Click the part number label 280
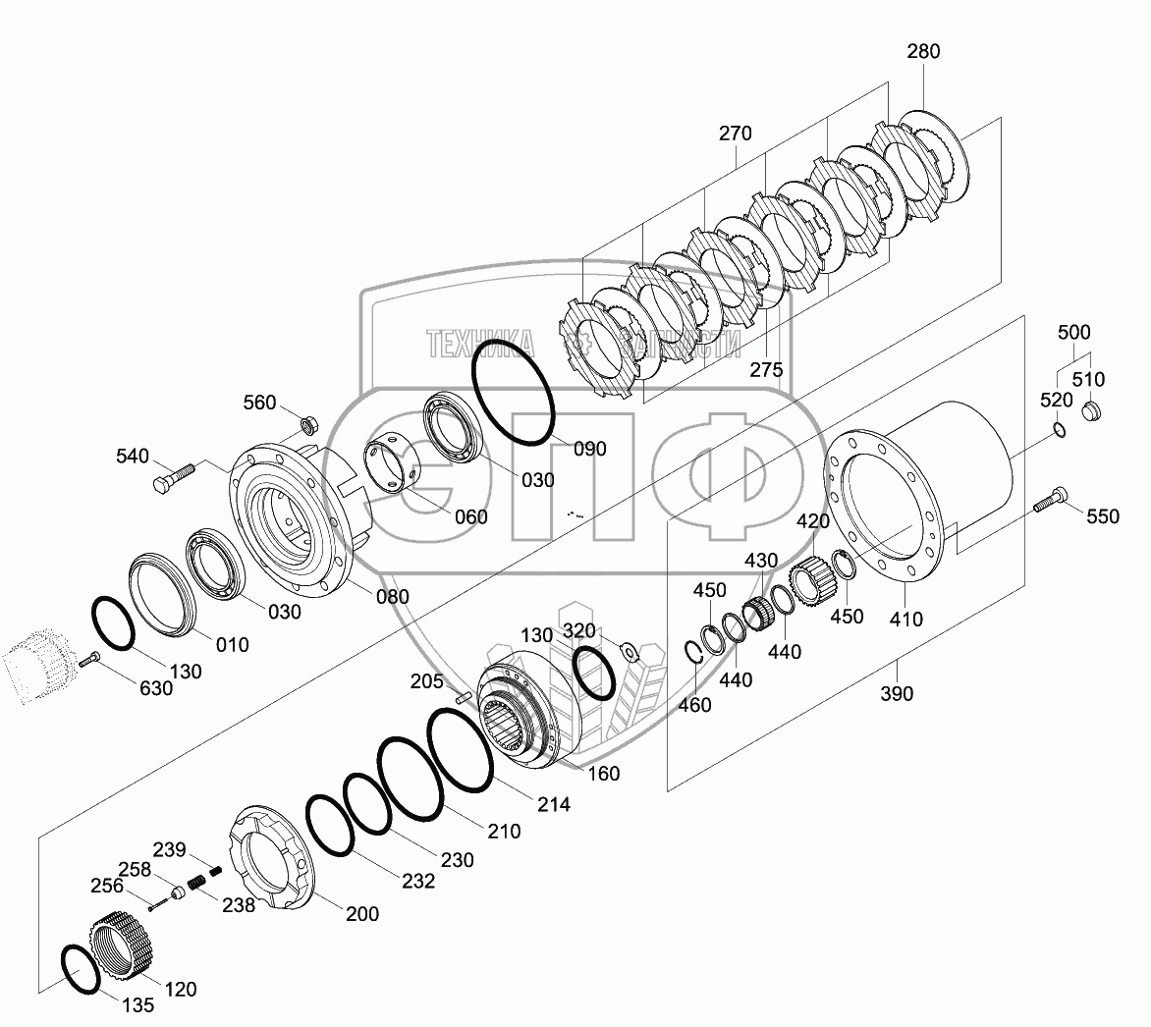coord(923,51)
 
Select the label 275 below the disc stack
coord(766,370)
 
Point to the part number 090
coord(589,449)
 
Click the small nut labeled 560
coord(305,425)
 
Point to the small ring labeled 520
coord(1057,428)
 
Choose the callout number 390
coord(896,694)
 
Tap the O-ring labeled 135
coord(81,971)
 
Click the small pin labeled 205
coord(465,698)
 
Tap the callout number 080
coord(392,596)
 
